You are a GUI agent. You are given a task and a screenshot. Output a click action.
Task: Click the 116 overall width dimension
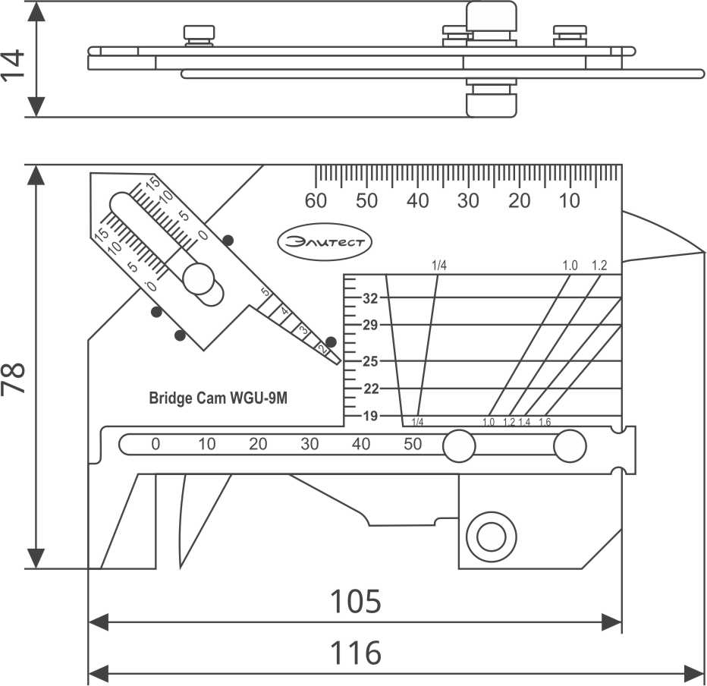coord(356,653)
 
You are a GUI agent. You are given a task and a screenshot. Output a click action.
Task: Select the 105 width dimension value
coord(355,602)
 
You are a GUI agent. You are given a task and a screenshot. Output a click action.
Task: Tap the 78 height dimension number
coord(14,378)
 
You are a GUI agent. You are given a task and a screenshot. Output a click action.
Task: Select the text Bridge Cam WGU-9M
coord(218,398)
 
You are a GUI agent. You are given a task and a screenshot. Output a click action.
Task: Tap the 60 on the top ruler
coord(316,201)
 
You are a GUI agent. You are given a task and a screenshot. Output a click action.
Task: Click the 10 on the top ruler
coord(570,201)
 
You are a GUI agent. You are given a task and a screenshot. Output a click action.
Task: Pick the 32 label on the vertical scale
coord(370,298)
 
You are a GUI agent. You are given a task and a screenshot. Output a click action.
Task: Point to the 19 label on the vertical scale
coord(370,416)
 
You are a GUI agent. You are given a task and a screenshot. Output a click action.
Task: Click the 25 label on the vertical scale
coord(370,361)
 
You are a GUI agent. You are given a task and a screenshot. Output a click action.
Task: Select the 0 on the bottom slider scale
coord(156,445)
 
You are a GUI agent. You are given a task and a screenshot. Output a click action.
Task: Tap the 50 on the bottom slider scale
coord(413,445)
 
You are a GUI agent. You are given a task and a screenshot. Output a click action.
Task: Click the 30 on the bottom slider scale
coord(310,445)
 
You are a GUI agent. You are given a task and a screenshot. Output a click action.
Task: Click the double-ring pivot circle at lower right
coord(487,538)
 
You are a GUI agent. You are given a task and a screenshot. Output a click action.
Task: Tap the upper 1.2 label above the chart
coord(599,266)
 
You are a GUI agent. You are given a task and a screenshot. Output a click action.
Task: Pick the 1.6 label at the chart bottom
coord(545,423)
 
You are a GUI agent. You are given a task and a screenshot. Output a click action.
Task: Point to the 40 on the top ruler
coord(417,201)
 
